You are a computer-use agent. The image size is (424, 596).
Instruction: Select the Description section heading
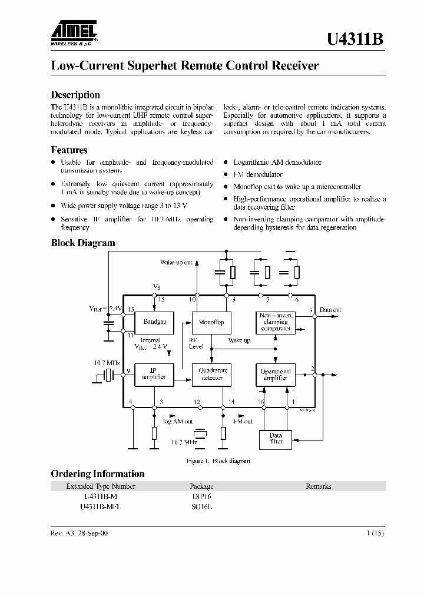(x=75, y=95)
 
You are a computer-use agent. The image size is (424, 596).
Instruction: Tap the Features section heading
(x=69, y=150)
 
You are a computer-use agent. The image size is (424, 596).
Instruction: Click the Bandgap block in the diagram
(x=154, y=322)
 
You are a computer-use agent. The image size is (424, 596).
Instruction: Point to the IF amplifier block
(x=154, y=374)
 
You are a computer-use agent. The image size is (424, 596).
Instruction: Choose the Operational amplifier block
(x=276, y=374)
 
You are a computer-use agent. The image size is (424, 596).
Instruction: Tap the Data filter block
(x=276, y=439)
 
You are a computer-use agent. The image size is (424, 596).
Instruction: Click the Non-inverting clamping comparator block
(x=276, y=322)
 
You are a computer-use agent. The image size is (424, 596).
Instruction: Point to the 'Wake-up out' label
(x=176, y=261)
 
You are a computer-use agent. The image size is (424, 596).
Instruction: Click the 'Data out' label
(x=330, y=309)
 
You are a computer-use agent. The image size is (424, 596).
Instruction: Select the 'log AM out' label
(x=178, y=422)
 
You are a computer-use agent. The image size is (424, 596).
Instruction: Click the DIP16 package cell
(x=201, y=496)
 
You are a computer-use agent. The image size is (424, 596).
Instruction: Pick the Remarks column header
(x=318, y=486)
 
